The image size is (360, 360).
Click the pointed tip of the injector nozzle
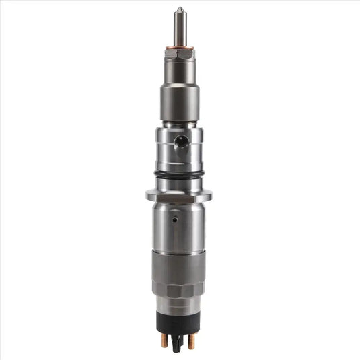tap(180, 9)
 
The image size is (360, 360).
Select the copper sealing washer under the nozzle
tap(180, 46)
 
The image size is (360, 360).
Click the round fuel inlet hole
tap(180, 141)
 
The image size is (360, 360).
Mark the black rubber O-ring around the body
tap(180, 174)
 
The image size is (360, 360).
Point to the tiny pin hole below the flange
tap(174, 219)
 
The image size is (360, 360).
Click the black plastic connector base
tap(180, 320)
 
